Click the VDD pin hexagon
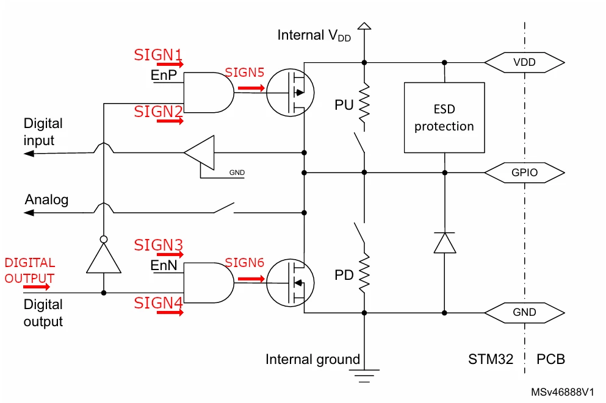[x=524, y=62]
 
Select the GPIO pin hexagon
[x=524, y=172]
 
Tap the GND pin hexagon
[x=524, y=312]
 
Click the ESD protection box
[x=444, y=117]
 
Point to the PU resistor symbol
[x=364, y=104]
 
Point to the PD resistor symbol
[x=364, y=274]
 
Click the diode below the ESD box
[x=444, y=243]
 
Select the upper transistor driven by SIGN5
[x=290, y=93]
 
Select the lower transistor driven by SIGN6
[x=290, y=283]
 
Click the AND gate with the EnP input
[x=209, y=93]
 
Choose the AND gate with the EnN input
[x=209, y=283]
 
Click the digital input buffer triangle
[x=200, y=152]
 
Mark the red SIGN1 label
[x=158, y=55]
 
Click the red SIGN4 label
[x=158, y=303]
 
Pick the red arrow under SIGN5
[x=251, y=88]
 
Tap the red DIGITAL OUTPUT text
[x=29, y=270]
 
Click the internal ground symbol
[x=364, y=376]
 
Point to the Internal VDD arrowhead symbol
[x=364, y=26]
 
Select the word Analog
[x=46, y=199]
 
